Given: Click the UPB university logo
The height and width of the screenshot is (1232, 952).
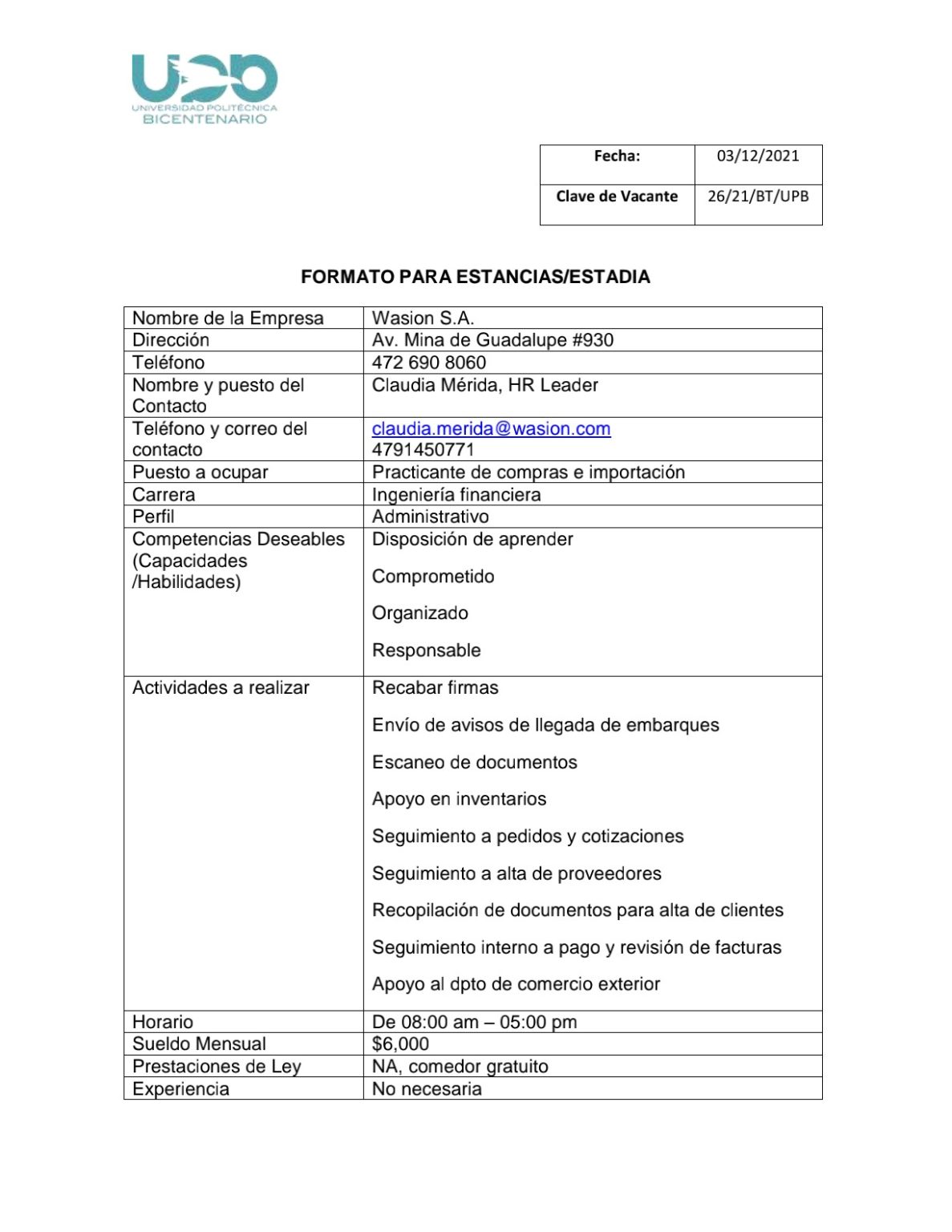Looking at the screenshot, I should point(205,89).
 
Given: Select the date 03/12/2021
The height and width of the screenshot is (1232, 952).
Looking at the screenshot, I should point(758,156).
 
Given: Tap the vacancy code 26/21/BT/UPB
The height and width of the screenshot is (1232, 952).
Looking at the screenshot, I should point(758,196).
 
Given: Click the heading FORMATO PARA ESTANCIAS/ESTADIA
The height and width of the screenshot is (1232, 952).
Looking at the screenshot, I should point(475,277).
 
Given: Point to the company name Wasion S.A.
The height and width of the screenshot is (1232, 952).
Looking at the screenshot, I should point(423,318).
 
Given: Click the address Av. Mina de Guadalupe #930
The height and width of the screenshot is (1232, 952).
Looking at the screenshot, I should point(492,340).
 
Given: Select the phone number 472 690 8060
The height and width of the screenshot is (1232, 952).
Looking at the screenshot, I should point(429,363).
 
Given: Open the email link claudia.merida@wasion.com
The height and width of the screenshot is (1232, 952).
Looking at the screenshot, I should point(491,428).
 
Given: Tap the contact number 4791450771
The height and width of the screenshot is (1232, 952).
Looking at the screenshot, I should point(423,449).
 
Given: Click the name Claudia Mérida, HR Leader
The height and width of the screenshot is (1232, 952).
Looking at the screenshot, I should point(484,385).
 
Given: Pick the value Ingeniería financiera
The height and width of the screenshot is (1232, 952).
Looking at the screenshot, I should point(456,494).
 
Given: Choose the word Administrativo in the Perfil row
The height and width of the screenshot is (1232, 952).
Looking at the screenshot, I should point(430,517).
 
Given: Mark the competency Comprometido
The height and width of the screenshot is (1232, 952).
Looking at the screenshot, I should point(433,576).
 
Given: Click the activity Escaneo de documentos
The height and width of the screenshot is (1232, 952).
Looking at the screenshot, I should point(474,762).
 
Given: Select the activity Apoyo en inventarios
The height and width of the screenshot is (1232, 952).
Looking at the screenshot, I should point(459,799).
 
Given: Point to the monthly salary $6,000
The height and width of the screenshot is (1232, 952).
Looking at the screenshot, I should point(400,1044).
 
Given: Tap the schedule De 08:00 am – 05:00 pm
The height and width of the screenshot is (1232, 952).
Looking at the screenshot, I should point(474,1022).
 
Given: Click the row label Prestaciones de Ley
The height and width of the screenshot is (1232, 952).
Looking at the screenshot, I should point(217,1066).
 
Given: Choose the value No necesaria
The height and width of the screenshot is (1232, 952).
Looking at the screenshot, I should point(427,1088).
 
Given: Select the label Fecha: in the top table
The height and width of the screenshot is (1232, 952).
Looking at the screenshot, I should point(617,156).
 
